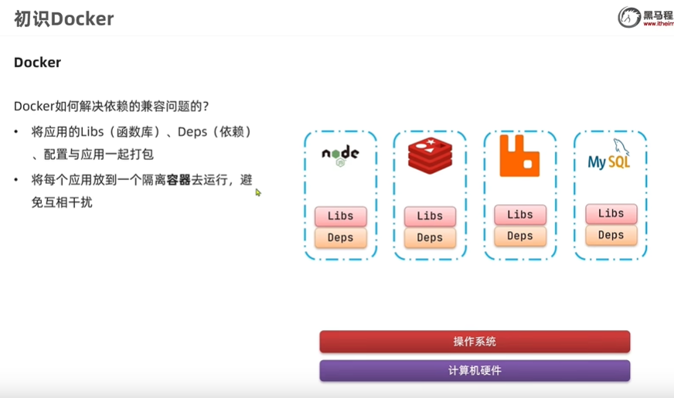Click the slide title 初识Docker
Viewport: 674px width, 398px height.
coord(64,19)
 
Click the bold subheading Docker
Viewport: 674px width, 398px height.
coord(37,63)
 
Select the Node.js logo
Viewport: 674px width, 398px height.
coord(340,155)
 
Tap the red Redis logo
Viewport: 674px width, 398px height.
coord(430,155)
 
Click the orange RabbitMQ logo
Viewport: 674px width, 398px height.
coord(519,155)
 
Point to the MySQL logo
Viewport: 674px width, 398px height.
coord(609,155)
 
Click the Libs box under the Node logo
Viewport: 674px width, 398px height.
coord(340,216)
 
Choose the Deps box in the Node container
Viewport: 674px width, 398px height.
coord(340,237)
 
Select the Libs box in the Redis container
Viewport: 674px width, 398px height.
coord(430,216)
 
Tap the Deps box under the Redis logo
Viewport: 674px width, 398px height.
coord(430,237)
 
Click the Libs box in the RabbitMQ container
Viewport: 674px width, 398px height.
coord(520,214)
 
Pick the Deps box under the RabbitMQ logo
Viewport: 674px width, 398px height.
coord(520,236)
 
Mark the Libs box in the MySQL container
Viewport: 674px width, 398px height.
coord(611,213)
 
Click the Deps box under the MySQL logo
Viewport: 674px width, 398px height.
coord(611,235)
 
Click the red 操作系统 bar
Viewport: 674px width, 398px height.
coord(475,342)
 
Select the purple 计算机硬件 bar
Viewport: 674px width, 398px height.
coord(475,370)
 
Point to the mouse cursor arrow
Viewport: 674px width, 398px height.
coord(258,192)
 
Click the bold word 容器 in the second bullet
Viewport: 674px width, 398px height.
coord(179,180)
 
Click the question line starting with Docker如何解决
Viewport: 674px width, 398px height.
coord(111,106)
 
